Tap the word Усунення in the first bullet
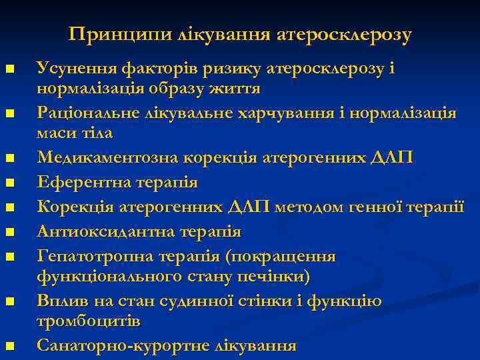(x=76, y=69)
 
